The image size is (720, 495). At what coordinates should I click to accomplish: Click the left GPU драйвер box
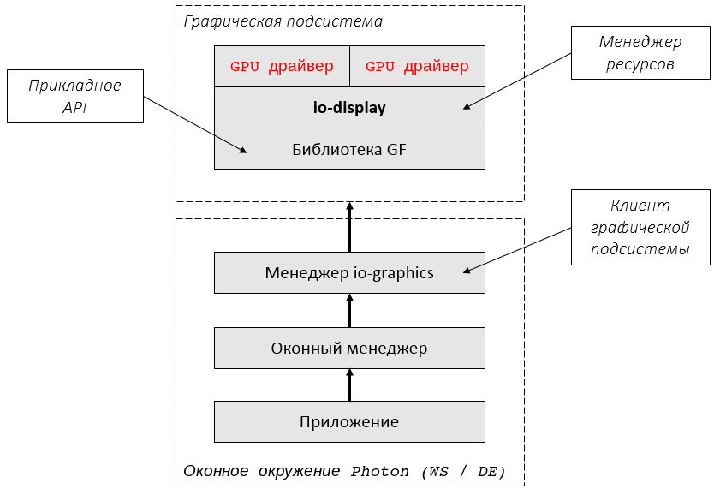click(282, 67)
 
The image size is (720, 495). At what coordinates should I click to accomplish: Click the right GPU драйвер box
click(417, 67)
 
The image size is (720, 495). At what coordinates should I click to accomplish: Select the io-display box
click(349, 108)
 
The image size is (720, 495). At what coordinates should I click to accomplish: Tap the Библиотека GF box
click(349, 149)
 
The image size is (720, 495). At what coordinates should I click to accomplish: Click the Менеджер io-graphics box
click(349, 273)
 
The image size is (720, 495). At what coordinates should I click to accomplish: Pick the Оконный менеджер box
click(349, 348)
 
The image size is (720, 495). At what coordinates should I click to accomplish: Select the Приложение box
click(349, 421)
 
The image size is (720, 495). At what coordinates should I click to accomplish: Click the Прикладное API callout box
click(74, 96)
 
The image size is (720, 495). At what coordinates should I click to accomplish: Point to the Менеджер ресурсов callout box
click(640, 53)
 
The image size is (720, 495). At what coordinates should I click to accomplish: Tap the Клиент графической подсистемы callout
click(640, 228)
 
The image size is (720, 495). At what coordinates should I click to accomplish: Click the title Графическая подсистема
click(283, 21)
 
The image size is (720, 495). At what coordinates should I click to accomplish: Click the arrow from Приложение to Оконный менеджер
click(349, 385)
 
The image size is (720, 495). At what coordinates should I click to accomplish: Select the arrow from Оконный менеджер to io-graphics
click(349, 310)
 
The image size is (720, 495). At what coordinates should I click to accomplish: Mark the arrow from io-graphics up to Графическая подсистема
click(349, 227)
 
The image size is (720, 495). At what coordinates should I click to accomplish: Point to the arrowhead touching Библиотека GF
click(243, 151)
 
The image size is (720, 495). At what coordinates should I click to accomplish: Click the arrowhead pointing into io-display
click(467, 107)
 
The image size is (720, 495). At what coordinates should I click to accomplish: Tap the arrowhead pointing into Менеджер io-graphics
click(467, 272)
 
